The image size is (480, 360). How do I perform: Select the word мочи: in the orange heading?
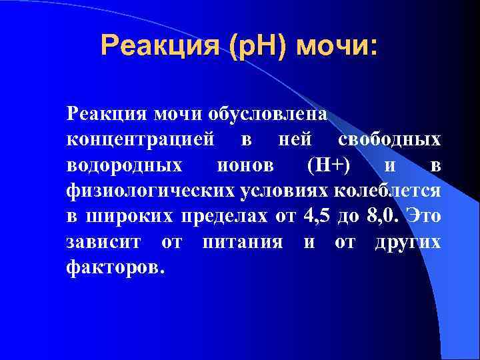pos(338,47)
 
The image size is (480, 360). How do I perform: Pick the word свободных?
pos(389,141)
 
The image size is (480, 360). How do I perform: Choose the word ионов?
pos(245,166)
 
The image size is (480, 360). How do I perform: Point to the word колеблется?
pos(387,191)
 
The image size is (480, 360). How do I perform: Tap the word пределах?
pos(220,217)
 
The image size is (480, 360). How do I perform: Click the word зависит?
pos(107,242)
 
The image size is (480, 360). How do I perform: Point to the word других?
pos(407,242)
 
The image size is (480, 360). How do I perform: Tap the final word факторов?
pos(114,267)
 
